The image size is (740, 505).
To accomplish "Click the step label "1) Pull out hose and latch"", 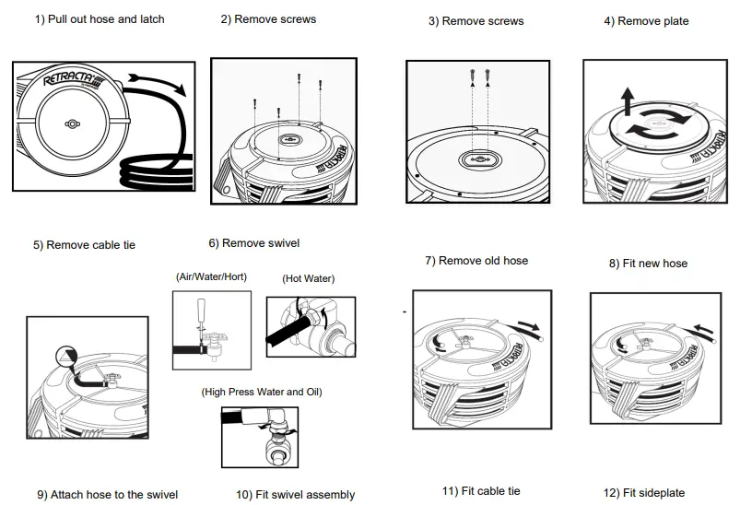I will click(100, 19).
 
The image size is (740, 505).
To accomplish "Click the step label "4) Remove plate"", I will click(646, 21).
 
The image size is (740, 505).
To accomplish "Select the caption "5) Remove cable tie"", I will click(84, 245).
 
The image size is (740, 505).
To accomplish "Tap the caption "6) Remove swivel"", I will click(253, 243).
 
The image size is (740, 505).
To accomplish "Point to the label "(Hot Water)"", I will click(308, 278).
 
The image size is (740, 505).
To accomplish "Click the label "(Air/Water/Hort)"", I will click(210, 276).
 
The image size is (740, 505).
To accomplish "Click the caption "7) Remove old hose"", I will click(476, 261).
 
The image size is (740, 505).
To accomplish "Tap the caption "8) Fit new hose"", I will click(648, 264).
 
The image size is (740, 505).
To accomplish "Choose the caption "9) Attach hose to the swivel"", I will click(108, 495).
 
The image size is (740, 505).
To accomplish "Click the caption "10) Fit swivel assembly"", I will click(295, 495).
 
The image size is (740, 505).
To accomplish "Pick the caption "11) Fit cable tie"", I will click(481, 491).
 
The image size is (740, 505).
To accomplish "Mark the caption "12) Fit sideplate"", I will click(644, 493).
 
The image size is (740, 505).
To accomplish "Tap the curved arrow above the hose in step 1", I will click(156, 83).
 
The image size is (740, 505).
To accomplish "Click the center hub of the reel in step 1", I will click(71, 123).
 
